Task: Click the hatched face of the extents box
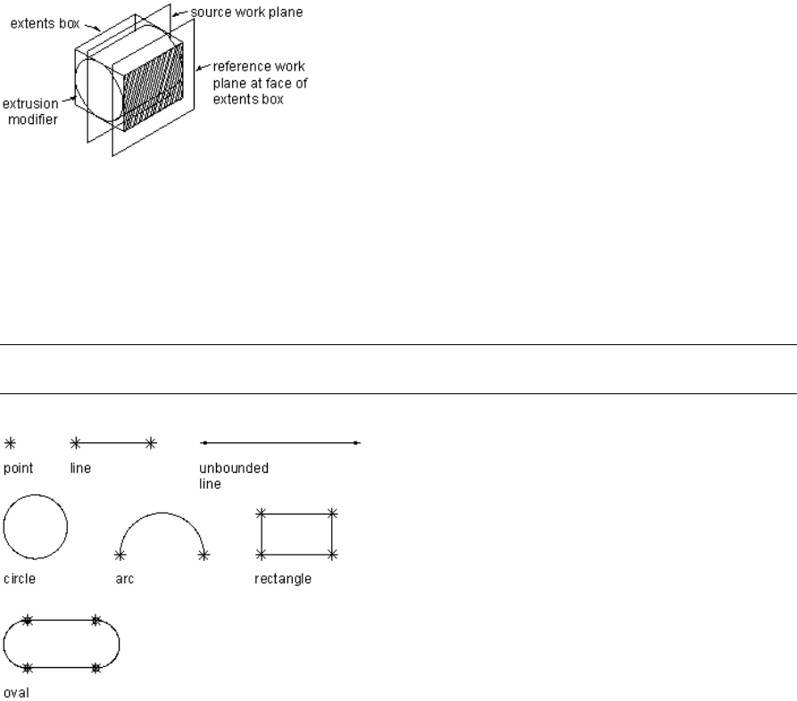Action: (151, 89)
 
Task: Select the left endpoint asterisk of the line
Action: (76, 441)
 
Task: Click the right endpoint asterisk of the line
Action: (151, 441)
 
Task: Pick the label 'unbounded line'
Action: (222, 474)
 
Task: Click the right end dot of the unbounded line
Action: (356, 442)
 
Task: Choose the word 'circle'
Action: (20, 579)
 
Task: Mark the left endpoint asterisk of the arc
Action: (120, 555)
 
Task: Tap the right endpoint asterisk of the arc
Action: (203, 555)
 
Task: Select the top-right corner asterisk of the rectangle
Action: (332, 513)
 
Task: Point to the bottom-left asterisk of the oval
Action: (28, 667)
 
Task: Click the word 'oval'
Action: (15, 690)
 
